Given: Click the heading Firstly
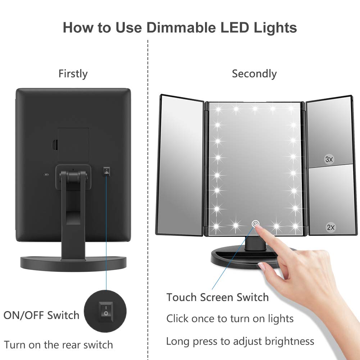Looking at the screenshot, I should click(73, 74).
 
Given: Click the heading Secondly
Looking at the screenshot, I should click(254, 74).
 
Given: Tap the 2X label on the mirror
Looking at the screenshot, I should click(331, 227).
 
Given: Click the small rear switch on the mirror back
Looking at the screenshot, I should click(106, 172).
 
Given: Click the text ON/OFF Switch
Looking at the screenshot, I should click(41, 315).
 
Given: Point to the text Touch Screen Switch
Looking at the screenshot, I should click(217, 297).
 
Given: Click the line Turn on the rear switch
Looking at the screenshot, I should click(58, 345).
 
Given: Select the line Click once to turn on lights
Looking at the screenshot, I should click(230, 319).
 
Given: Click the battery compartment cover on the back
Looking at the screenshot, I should click(73, 145).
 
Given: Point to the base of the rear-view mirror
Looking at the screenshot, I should click(73, 262).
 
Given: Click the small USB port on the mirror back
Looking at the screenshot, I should click(46, 175).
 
